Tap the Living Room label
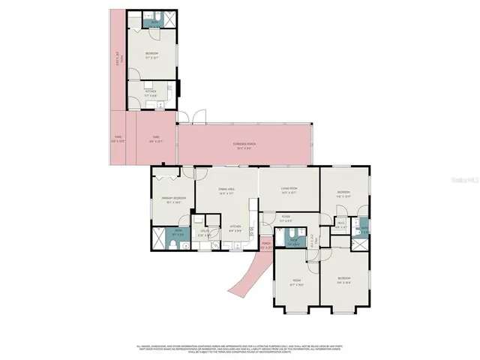coord(289,192)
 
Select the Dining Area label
coord(226,191)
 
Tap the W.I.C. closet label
coord(340,223)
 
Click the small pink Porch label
coord(266,244)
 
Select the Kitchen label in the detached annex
coord(151,93)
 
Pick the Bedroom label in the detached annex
coord(151,55)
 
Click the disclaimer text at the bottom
coord(240,348)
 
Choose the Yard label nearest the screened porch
coord(156,138)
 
